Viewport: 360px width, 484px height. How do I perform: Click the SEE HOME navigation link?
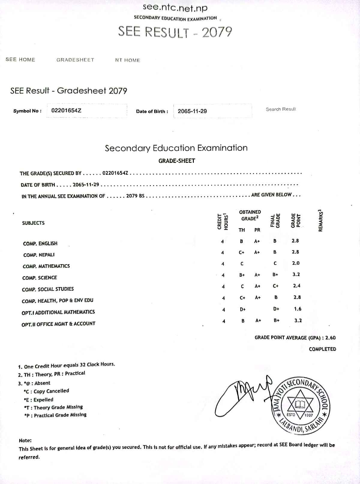[20, 59]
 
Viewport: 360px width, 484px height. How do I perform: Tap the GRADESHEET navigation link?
[75, 60]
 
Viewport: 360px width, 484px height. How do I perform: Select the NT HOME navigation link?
[127, 60]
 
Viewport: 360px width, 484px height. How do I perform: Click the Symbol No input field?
[87, 110]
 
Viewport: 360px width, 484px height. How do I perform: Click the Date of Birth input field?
[212, 111]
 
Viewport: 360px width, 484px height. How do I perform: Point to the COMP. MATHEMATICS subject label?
[46, 266]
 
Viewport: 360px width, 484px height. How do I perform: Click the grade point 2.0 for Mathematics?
[296, 263]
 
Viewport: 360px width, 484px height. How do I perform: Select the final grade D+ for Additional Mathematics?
[276, 309]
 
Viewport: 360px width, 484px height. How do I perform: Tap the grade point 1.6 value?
[298, 309]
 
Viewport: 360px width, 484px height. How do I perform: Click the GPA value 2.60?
[330, 337]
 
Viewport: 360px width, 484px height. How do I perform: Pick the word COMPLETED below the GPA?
[322, 349]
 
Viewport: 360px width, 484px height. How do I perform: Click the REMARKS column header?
[321, 220]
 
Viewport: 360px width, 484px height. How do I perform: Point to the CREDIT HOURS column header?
[223, 221]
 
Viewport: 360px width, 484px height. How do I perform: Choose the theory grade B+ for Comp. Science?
[242, 275]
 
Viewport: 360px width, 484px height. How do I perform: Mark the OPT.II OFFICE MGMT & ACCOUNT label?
[58, 324]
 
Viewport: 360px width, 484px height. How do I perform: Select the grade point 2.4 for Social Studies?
[297, 286]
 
